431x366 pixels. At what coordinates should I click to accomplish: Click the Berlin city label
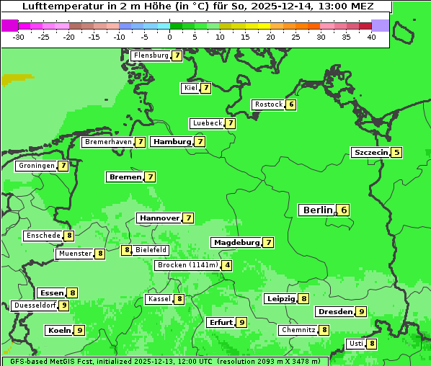click(317, 210)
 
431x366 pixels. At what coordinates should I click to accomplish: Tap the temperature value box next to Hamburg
click(200, 142)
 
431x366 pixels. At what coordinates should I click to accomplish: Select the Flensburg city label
click(151, 55)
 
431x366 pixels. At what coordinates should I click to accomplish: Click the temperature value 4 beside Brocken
click(228, 265)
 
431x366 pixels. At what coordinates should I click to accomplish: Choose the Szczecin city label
click(370, 153)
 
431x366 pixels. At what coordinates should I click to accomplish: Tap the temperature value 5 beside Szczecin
click(396, 153)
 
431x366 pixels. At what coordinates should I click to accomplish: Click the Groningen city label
click(37, 166)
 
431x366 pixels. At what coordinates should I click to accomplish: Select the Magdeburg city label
click(236, 243)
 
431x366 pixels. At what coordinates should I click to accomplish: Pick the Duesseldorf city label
click(35, 305)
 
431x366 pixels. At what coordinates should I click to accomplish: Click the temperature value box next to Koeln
click(79, 331)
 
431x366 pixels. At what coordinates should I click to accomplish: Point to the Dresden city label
click(334, 312)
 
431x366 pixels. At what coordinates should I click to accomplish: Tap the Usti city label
click(355, 344)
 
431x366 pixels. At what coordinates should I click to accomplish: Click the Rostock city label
click(268, 104)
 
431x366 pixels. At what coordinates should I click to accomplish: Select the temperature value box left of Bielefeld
click(127, 250)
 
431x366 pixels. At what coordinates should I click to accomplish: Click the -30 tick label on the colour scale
click(19, 37)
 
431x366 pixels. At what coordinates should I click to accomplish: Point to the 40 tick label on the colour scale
click(371, 37)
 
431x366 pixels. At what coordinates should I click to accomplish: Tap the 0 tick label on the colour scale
click(169, 37)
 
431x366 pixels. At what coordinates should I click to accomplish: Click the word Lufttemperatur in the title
click(55, 6)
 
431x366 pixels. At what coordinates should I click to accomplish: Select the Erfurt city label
click(221, 322)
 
